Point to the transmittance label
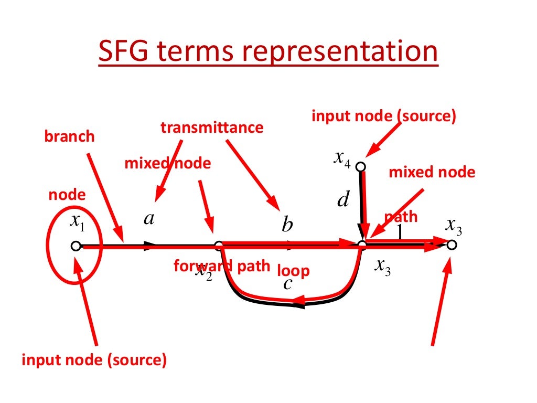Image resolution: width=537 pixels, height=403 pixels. [212, 128]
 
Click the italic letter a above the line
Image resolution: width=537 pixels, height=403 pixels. [149, 219]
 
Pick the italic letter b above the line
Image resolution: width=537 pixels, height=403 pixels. [287, 225]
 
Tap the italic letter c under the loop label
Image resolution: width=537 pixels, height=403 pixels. [287, 284]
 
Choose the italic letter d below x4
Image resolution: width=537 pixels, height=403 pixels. [343, 199]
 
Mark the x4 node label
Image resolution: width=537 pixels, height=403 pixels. [341, 158]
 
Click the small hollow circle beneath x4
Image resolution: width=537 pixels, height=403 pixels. [360, 166]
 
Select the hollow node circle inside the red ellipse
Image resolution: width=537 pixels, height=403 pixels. [76, 246]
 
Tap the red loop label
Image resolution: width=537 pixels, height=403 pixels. [293, 271]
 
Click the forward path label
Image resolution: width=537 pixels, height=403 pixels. [221, 266]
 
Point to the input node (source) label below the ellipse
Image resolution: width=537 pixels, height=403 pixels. [94, 360]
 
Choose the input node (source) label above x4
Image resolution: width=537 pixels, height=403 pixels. [384, 115]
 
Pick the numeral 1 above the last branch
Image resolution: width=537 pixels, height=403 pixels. [400, 231]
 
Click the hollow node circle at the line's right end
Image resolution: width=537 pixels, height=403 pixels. [452, 245]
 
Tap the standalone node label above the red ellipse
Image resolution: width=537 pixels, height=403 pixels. [67, 195]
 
